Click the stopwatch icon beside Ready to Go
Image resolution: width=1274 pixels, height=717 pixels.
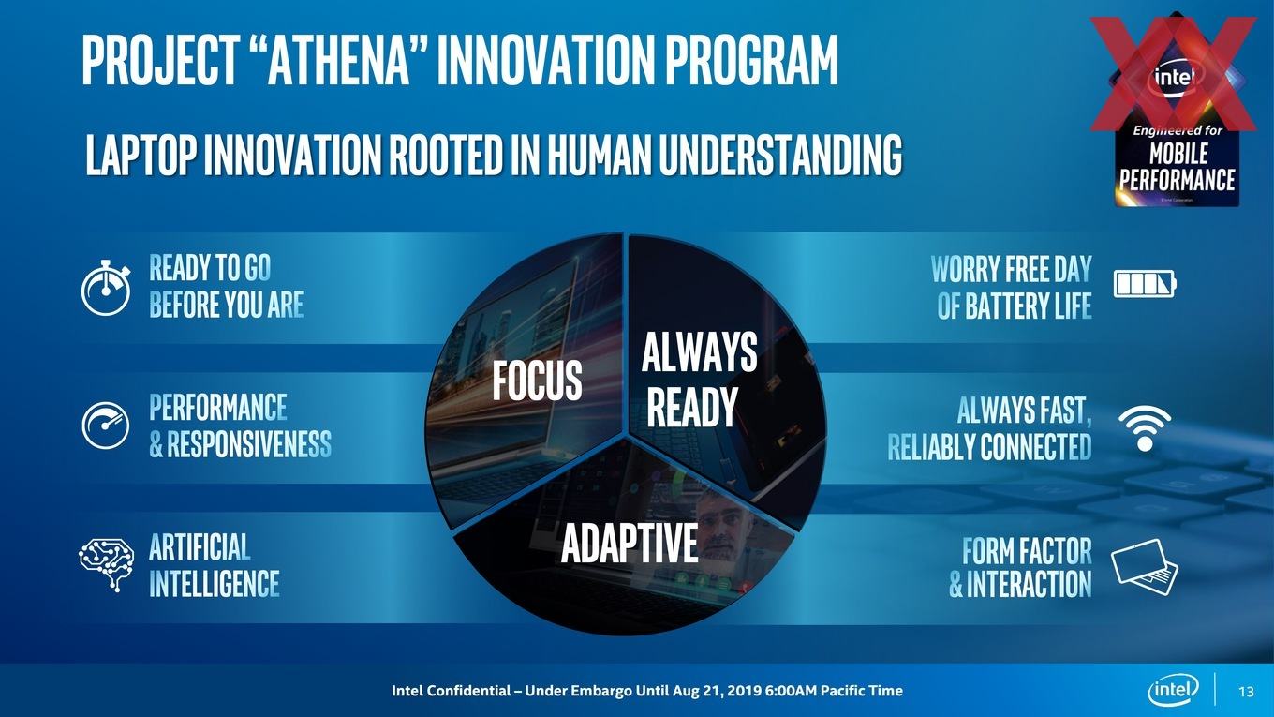[105, 288]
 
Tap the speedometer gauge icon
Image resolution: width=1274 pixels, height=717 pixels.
[105, 426]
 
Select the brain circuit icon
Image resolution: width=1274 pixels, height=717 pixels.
[107, 564]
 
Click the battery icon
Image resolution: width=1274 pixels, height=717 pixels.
[1145, 284]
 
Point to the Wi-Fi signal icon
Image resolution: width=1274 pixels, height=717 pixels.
[1145, 428]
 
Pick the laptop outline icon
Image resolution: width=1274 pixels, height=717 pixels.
[1145, 567]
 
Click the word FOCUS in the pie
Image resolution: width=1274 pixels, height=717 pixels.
[537, 381]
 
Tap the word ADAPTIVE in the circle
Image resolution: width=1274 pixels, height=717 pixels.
[630, 543]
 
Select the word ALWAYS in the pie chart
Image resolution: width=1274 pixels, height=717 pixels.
[700, 351]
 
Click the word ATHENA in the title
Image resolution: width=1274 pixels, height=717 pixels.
[339, 60]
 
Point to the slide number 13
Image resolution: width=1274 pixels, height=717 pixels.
[1246, 692]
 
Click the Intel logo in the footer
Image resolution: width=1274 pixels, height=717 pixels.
[1174, 690]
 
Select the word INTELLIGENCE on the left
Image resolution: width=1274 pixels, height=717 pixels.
[215, 583]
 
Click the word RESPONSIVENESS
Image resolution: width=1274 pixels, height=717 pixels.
[249, 444]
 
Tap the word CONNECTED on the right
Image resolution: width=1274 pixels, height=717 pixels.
[1036, 446]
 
